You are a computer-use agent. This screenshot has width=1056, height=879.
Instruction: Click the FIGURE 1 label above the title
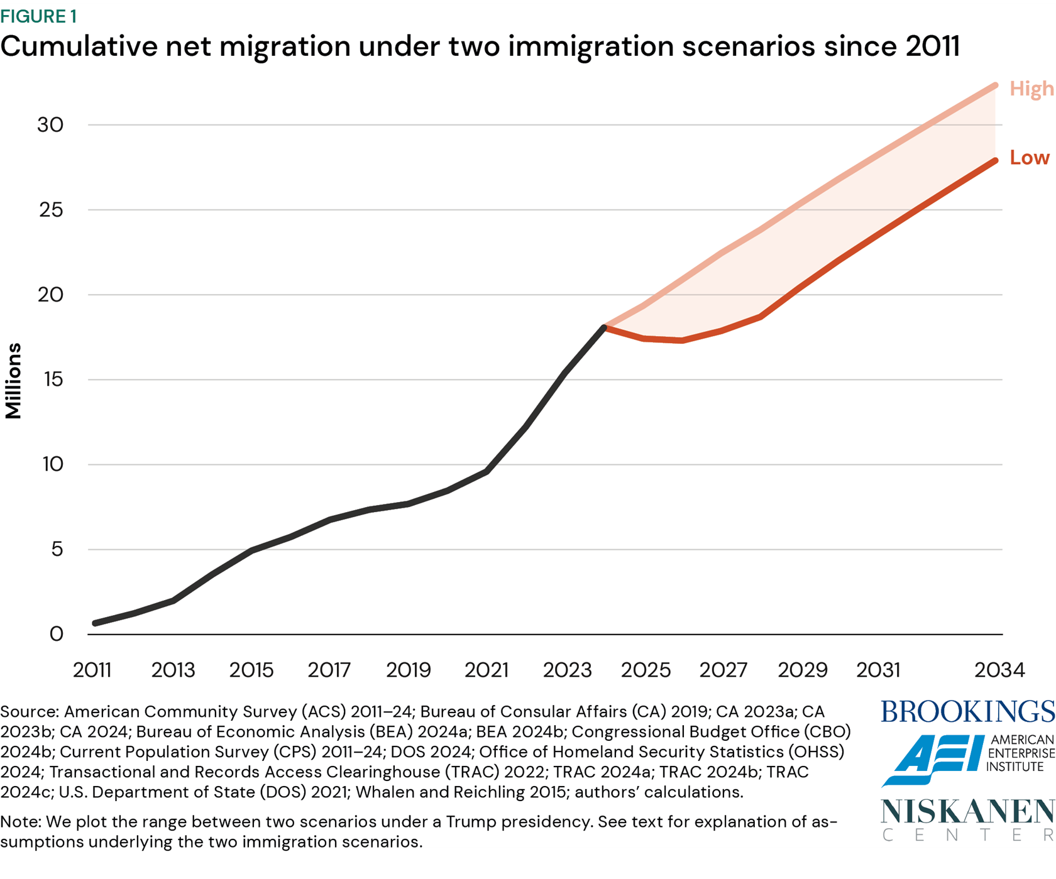tap(38, 16)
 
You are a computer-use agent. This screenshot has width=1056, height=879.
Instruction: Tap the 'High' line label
tap(1031, 89)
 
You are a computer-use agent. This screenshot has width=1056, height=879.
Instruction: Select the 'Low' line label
tap(1029, 158)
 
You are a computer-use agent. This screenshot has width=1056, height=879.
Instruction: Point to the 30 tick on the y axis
tap(50, 125)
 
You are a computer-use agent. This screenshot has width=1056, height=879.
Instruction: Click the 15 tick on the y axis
tap(50, 379)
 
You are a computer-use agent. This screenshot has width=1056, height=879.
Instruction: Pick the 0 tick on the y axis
tap(56, 634)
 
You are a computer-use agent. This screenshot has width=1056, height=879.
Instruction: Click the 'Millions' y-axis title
tap(13, 381)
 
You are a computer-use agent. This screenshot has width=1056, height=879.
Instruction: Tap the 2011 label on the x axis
tap(92, 670)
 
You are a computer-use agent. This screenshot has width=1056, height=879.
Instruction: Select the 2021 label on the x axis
tap(487, 670)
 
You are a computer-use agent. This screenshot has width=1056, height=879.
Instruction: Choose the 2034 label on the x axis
tap(999, 670)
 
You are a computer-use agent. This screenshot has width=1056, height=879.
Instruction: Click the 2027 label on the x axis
tap(723, 670)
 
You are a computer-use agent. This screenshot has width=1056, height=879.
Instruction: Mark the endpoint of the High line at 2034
tap(995, 85)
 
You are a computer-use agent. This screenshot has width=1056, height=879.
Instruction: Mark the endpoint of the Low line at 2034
tap(995, 161)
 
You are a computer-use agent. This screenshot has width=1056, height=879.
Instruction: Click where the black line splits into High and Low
tap(605, 327)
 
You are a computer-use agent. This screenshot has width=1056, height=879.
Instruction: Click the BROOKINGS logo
tap(967, 712)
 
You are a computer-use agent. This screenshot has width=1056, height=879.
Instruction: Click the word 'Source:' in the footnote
tap(30, 712)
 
